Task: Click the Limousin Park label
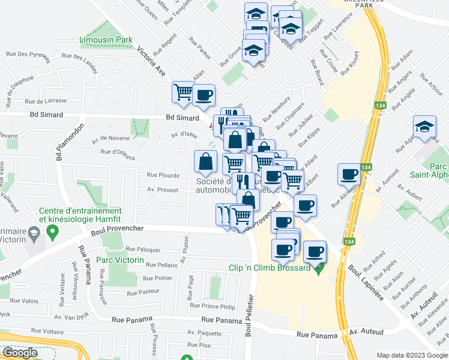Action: pyautogui.click(x=106, y=40)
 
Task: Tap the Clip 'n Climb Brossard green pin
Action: pyautogui.click(x=319, y=267)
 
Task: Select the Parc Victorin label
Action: pyautogui.click(x=119, y=260)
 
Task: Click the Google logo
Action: pyautogui.click(x=20, y=353)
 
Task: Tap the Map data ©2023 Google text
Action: pyautogui.click(x=411, y=356)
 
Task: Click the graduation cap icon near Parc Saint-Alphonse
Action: pyautogui.click(x=424, y=127)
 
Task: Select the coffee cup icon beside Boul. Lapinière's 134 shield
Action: pyautogui.click(x=349, y=175)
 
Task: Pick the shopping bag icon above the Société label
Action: pyautogui.click(x=206, y=161)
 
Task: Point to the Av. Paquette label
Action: pyautogui.click(x=204, y=332)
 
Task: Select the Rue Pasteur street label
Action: pyautogui.click(x=145, y=292)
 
